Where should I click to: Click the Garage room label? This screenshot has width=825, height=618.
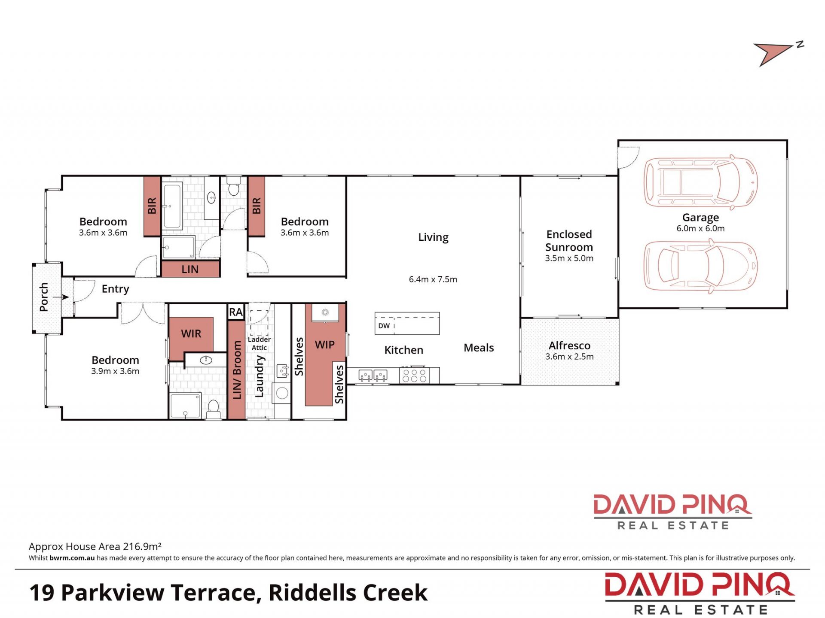click(700, 218)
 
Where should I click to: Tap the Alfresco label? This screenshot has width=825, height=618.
click(569, 345)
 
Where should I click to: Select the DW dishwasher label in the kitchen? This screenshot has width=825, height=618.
click(384, 326)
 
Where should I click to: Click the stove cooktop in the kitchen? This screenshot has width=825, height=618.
click(414, 376)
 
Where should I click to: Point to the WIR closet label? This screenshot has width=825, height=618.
click(191, 333)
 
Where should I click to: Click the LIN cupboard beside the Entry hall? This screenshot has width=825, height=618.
click(190, 269)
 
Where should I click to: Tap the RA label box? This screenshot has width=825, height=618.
click(236, 312)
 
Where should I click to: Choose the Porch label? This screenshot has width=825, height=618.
click(44, 297)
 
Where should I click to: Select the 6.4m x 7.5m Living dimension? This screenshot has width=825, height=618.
click(433, 279)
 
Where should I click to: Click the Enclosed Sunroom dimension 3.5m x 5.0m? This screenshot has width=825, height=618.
click(569, 258)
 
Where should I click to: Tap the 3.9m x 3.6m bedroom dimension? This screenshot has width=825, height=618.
click(115, 371)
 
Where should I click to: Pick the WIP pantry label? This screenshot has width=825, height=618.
click(324, 345)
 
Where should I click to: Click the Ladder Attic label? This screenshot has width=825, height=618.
click(259, 343)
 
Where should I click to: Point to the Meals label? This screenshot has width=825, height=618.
click(479, 348)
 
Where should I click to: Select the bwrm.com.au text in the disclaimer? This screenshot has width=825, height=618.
click(72, 558)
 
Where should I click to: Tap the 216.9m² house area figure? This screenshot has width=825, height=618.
click(142, 546)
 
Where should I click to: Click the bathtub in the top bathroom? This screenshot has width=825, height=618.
click(172, 206)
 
